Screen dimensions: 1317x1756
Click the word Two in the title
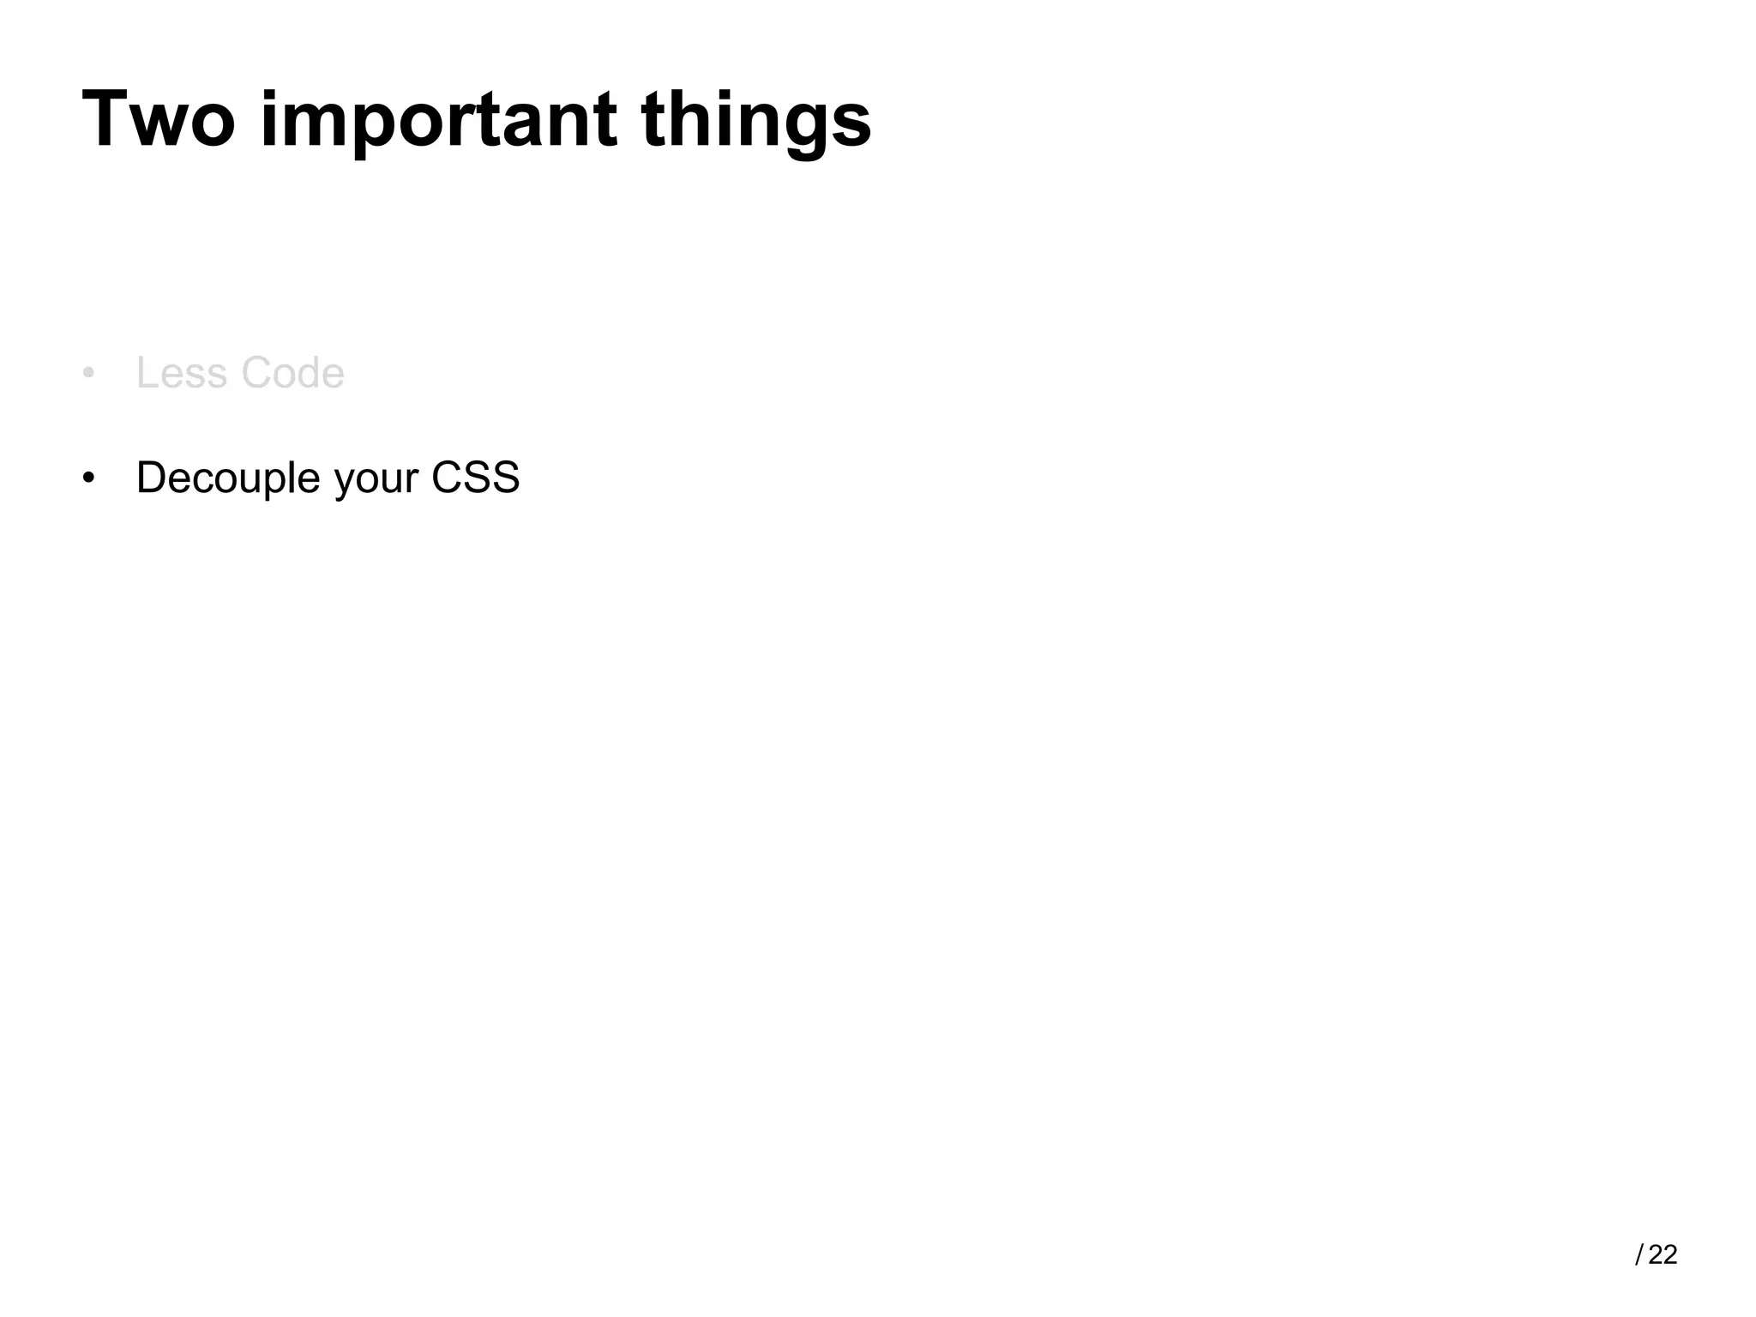pyautogui.click(x=159, y=120)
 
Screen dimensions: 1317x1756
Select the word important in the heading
pyautogui.click(x=437, y=120)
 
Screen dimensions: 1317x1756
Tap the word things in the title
pyautogui.click(x=755, y=120)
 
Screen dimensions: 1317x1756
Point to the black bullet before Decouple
pyautogui.click(x=88, y=478)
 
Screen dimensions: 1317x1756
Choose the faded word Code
pyautogui.click(x=292, y=374)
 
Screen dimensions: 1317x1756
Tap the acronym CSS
pyautogui.click(x=475, y=478)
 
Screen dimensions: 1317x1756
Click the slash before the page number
pyautogui.click(x=1639, y=1255)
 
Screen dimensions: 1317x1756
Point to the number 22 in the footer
pyautogui.click(x=1663, y=1255)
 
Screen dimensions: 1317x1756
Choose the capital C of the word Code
pyautogui.click(x=256, y=374)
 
